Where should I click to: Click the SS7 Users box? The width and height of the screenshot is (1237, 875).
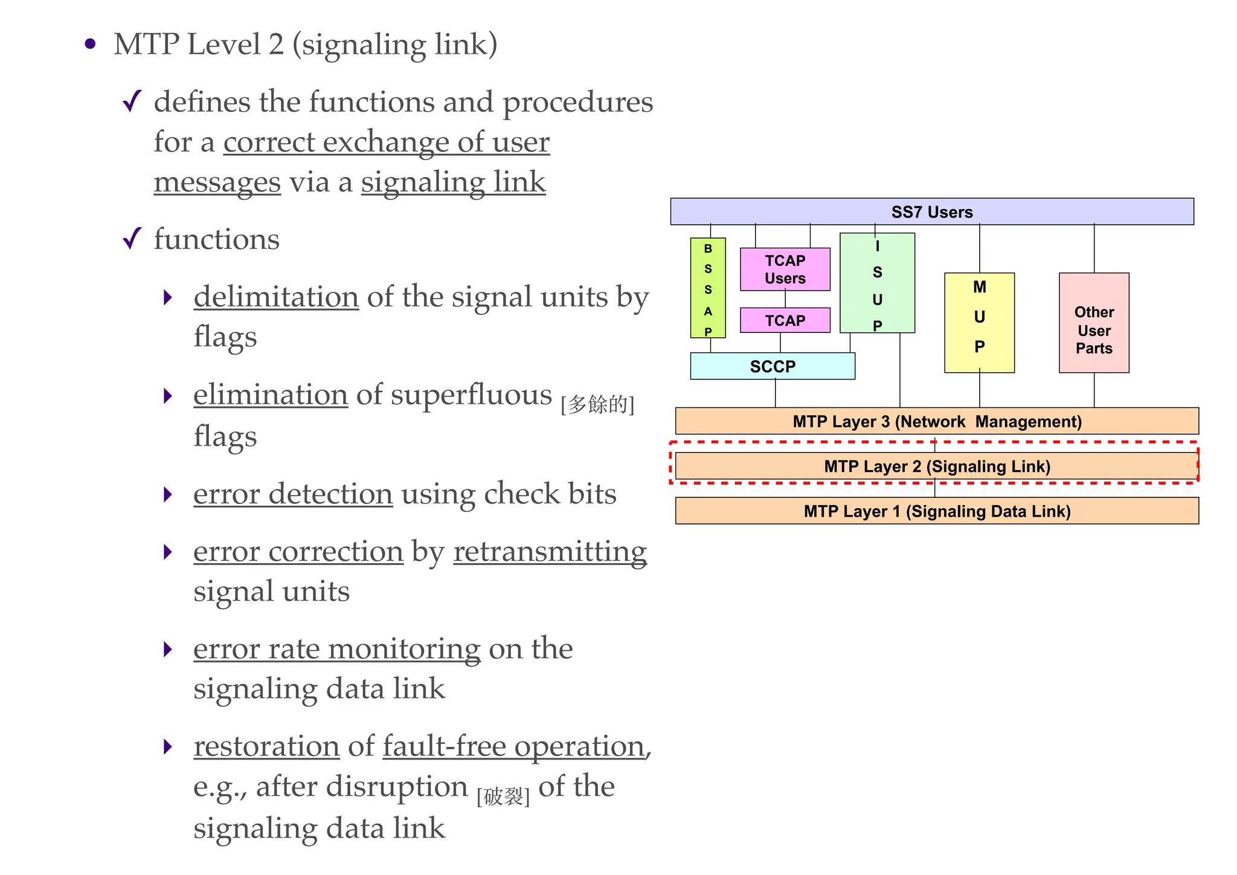point(931,211)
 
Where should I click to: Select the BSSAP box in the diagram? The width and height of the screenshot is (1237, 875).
point(708,288)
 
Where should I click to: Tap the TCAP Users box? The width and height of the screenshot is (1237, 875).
point(785,270)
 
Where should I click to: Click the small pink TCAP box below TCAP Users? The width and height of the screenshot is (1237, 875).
point(785,320)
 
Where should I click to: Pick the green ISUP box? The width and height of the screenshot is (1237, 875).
point(877,283)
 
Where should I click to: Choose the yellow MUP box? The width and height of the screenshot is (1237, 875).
point(979,323)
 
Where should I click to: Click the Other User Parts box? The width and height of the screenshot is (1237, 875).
point(1093,323)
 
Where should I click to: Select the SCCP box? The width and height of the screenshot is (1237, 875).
point(772,366)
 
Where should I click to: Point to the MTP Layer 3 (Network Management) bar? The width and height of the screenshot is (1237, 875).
point(936,421)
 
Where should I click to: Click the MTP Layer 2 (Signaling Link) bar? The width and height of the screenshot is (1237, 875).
point(936,466)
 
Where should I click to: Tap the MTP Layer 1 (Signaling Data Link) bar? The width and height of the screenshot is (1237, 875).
point(936,511)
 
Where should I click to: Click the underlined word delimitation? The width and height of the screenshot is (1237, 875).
point(276,297)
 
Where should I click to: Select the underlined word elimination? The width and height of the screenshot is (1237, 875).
point(271,395)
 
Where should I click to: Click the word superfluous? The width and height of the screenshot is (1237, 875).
point(454,395)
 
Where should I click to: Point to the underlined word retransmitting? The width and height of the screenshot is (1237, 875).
point(550,552)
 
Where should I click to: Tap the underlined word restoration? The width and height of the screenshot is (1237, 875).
point(266,746)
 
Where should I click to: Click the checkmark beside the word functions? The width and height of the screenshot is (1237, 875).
point(132,238)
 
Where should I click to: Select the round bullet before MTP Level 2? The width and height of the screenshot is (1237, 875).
point(91,44)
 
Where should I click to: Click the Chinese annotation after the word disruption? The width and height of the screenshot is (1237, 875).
point(503,796)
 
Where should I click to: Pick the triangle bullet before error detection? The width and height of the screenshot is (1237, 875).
point(168,495)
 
